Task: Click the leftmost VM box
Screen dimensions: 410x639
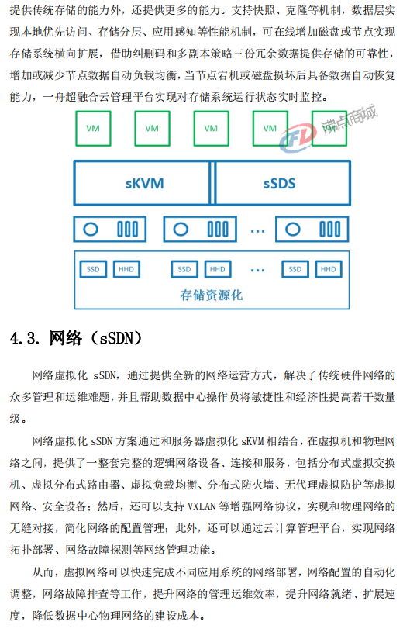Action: (93, 129)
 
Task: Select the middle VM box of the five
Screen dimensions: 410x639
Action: (212, 129)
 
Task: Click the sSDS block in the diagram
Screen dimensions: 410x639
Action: (283, 183)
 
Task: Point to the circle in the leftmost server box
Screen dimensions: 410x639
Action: (91, 229)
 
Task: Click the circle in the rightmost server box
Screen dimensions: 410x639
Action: (292, 229)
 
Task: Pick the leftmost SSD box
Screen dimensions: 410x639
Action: (93, 269)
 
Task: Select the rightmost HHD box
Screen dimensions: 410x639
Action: (328, 269)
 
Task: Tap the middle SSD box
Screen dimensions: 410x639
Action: (184, 269)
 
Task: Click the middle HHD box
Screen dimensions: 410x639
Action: (218, 269)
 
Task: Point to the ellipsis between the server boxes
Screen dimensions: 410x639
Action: (257, 231)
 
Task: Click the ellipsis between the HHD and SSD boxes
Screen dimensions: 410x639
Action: (257, 270)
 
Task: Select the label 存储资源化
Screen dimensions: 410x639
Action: (212, 295)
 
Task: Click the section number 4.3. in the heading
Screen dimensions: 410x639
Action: (25, 338)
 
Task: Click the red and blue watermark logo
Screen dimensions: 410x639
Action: (298, 138)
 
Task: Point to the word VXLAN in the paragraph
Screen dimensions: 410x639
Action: (202, 506)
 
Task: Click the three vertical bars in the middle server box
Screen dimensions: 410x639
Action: (218, 229)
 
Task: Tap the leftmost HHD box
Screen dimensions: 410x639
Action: (126, 269)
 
